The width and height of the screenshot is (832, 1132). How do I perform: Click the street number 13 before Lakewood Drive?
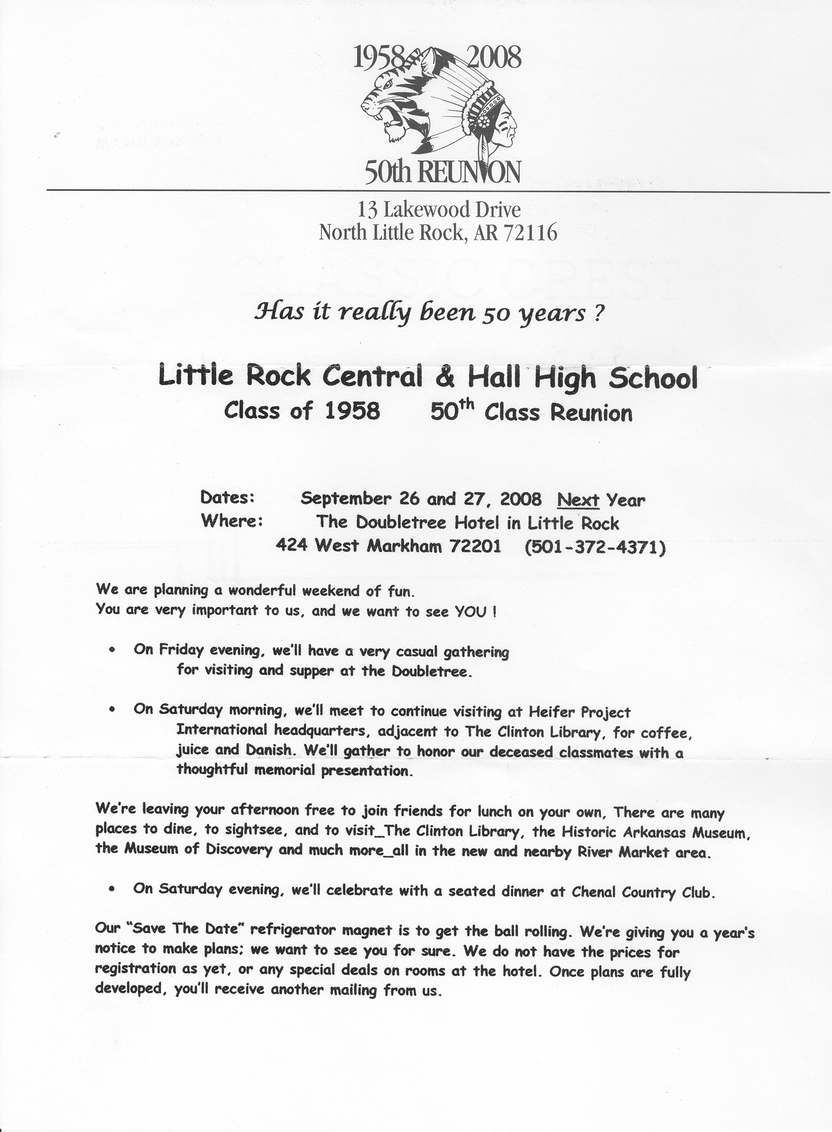(366, 209)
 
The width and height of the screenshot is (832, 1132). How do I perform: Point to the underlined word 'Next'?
(578, 499)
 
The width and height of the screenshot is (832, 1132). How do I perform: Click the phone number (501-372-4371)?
(595, 547)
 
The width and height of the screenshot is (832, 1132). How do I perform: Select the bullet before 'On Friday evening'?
(112, 651)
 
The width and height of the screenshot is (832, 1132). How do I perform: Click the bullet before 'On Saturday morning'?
(112, 710)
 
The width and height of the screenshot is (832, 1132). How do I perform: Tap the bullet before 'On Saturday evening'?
(112, 891)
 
